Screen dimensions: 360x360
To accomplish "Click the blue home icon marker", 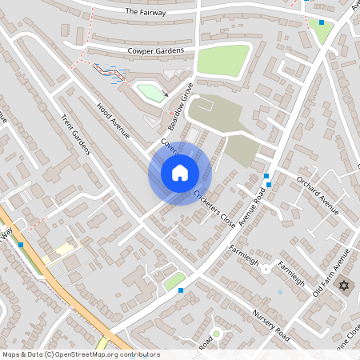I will coord(180,173).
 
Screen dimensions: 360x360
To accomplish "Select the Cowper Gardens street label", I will coord(156,51).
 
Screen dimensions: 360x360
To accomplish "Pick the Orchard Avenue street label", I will coord(318,194).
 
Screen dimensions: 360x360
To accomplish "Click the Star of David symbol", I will coord(345,286).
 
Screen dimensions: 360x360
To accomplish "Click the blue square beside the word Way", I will coord(21,244).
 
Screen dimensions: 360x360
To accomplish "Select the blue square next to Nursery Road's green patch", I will coord(182,290).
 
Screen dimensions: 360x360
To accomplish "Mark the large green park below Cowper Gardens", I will coord(223,61).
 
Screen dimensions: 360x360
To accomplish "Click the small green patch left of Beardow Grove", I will coord(150,93).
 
